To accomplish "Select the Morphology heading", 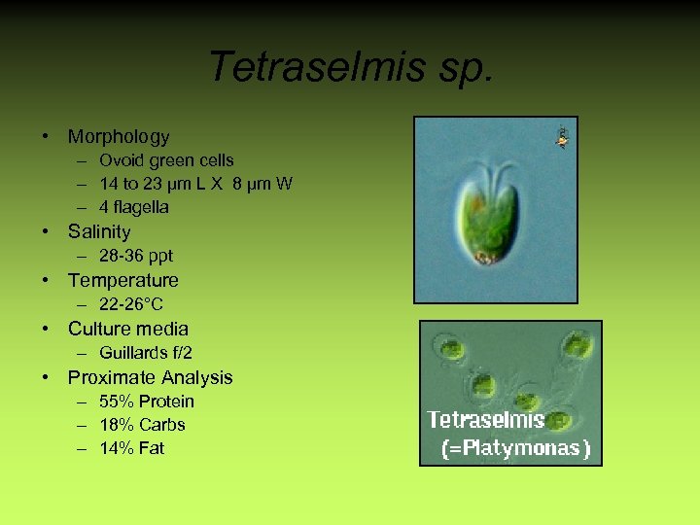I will [119, 137].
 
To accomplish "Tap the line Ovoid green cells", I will [166, 160].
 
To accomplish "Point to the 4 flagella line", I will [134, 207].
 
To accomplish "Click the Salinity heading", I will [99, 231].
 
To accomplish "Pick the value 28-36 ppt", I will [136, 256].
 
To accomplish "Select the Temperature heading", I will [123, 280].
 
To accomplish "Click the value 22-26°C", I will [131, 304].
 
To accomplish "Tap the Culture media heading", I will [128, 329].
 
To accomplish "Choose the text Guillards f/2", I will [146, 353].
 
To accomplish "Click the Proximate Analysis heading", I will [151, 377].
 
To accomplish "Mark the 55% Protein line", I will [147, 402].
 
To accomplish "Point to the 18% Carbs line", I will [142, 425].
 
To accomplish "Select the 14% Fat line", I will [132, 448].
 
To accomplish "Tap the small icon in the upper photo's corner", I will [561, 137].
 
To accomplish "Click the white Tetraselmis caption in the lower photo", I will [485, 420].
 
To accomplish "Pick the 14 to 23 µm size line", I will [195, 184].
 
